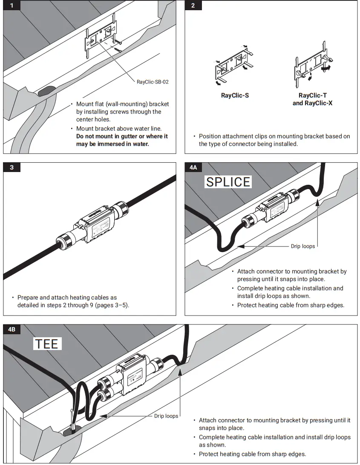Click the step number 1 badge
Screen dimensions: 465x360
(x=12, y=6)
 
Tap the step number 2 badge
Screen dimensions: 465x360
(x=193, y=6)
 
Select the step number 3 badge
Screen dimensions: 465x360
(x=12, y=167)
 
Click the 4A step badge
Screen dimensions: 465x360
(x=193, y=167)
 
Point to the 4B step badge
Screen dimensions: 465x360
(x=12, y=329)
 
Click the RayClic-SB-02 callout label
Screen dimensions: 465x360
(x=153, y=82)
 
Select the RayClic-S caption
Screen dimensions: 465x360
(x=235, y=95)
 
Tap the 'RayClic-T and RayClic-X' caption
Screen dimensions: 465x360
(x=312, y=99)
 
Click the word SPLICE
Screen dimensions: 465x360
(x=228, y=182)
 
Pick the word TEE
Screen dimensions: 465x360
(x=47, y=344)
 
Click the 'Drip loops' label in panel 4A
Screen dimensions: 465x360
(x=302, y=246)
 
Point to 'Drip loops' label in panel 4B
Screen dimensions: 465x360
(x=166, y=416)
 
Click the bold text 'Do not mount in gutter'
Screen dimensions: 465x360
(x=122, y=136)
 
